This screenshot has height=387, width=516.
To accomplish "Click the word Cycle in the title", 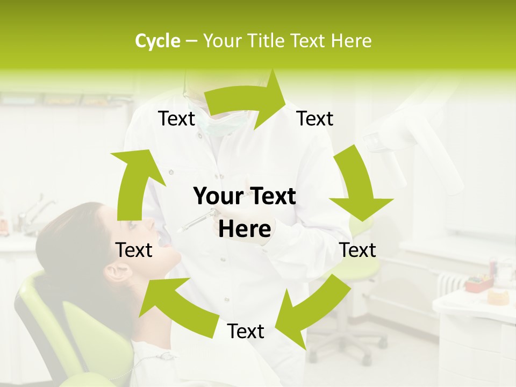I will pos(157,41).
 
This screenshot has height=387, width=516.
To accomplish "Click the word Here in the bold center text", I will pos(245,230).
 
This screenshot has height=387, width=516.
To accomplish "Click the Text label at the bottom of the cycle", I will pos(246,332).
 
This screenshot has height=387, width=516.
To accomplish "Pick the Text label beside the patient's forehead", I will pos(134,250).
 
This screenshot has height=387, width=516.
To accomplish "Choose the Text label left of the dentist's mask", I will pos(176,118).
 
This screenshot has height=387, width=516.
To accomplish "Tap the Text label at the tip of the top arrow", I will pos(315,118).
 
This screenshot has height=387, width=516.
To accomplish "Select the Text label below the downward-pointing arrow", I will pos(357,250).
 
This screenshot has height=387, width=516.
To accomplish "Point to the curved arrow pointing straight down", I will pos(357,185).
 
